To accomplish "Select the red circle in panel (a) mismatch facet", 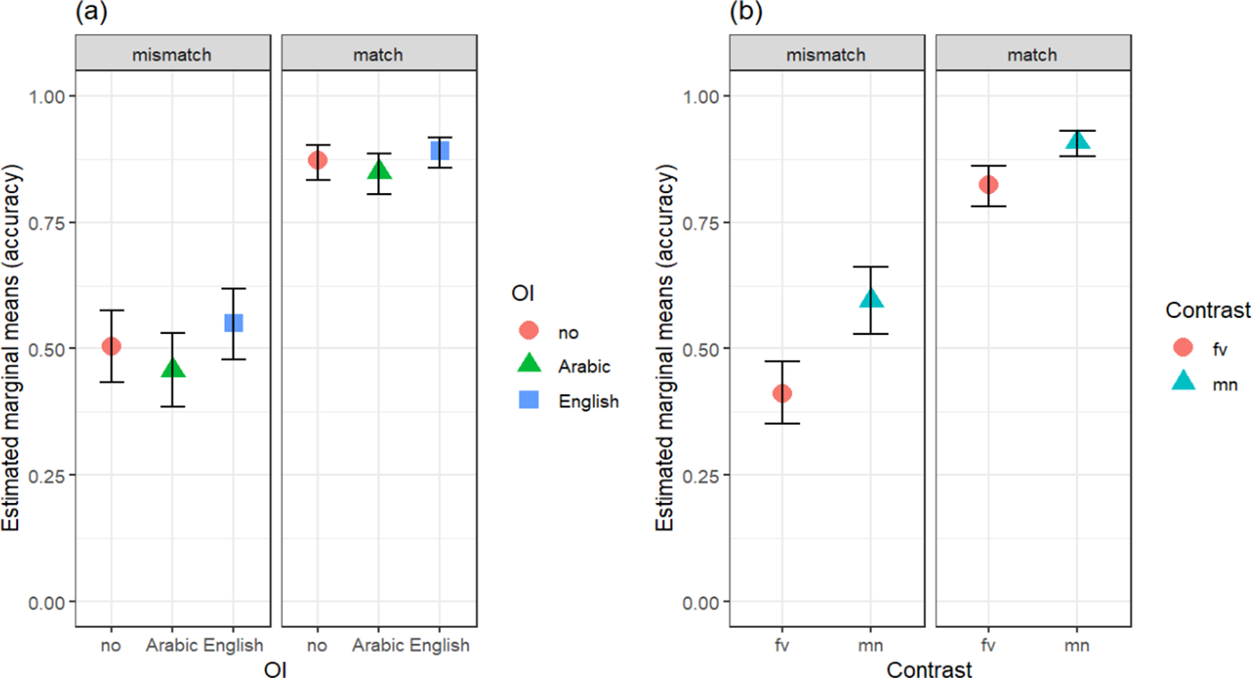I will (111, 346).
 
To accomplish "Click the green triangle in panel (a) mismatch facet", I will (172, 368).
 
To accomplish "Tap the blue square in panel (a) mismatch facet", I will (234, 322).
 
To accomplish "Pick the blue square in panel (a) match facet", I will (439, 150).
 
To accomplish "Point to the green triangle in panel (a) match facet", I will (378, 169).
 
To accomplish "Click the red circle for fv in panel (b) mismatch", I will (782, 393).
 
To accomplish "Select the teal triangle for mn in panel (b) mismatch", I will (871, 298).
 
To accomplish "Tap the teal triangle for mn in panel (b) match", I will (1077, 141).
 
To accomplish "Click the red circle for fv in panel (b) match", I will (988, 184).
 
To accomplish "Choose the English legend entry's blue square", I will (529, 401).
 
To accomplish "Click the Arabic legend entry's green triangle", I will (529, 365).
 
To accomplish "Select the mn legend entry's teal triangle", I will (1183, 383).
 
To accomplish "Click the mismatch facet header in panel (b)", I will (826, 55).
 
